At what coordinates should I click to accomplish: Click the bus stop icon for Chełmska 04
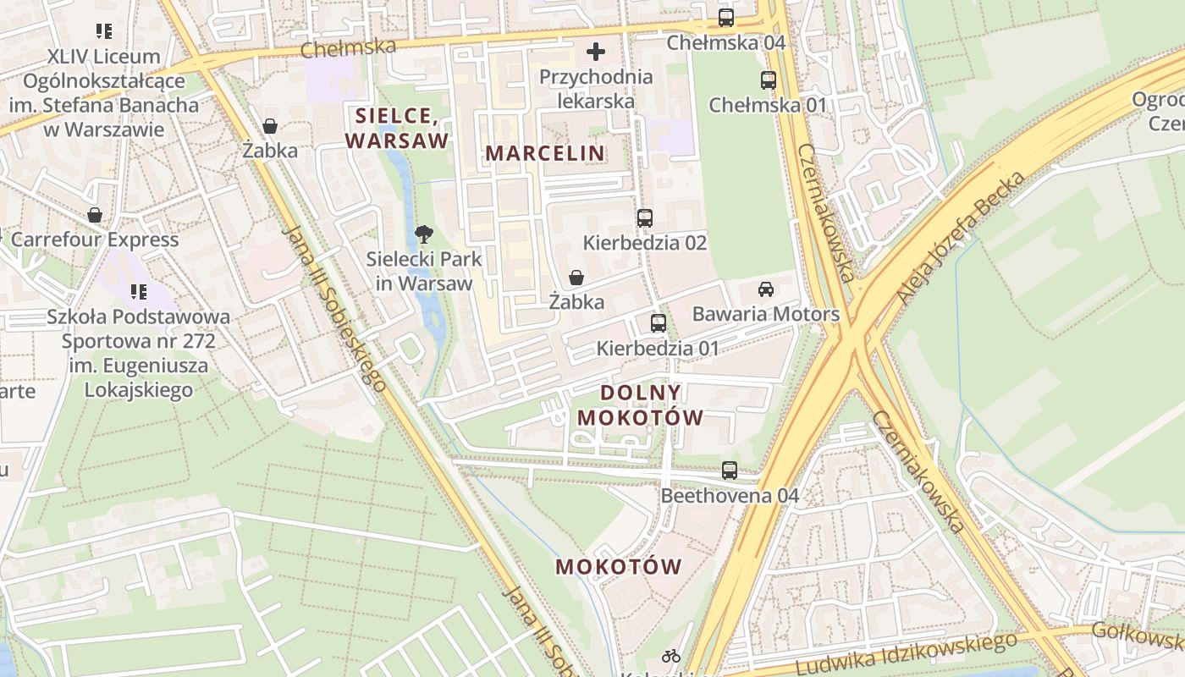coord(725,17)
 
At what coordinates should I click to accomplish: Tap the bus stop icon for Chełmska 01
coord(768,80)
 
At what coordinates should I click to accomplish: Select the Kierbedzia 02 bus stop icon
coord(645,217)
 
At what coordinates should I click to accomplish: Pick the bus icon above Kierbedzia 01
coord(658,322)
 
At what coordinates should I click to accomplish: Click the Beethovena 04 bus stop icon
coord(730,470)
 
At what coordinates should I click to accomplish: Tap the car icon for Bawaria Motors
coord(766,289)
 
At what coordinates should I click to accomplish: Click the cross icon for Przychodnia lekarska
coord(596,52)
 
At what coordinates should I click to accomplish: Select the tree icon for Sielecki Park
coord(424,234)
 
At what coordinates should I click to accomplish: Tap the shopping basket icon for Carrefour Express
coord(95,215)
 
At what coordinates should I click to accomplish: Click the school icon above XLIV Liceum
coord(104,31)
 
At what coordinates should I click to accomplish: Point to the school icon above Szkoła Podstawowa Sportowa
coord(139,292)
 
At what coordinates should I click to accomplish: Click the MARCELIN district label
coord(545,153)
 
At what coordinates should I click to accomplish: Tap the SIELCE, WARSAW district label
coord(396,128)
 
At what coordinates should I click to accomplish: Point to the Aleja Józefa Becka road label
coord(962,239)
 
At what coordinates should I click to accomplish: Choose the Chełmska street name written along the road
coord(348,48)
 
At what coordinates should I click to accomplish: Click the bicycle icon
coord(671,655)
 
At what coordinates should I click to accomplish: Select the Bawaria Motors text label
coord(766,314)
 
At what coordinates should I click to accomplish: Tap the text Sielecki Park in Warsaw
coord(424,271)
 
